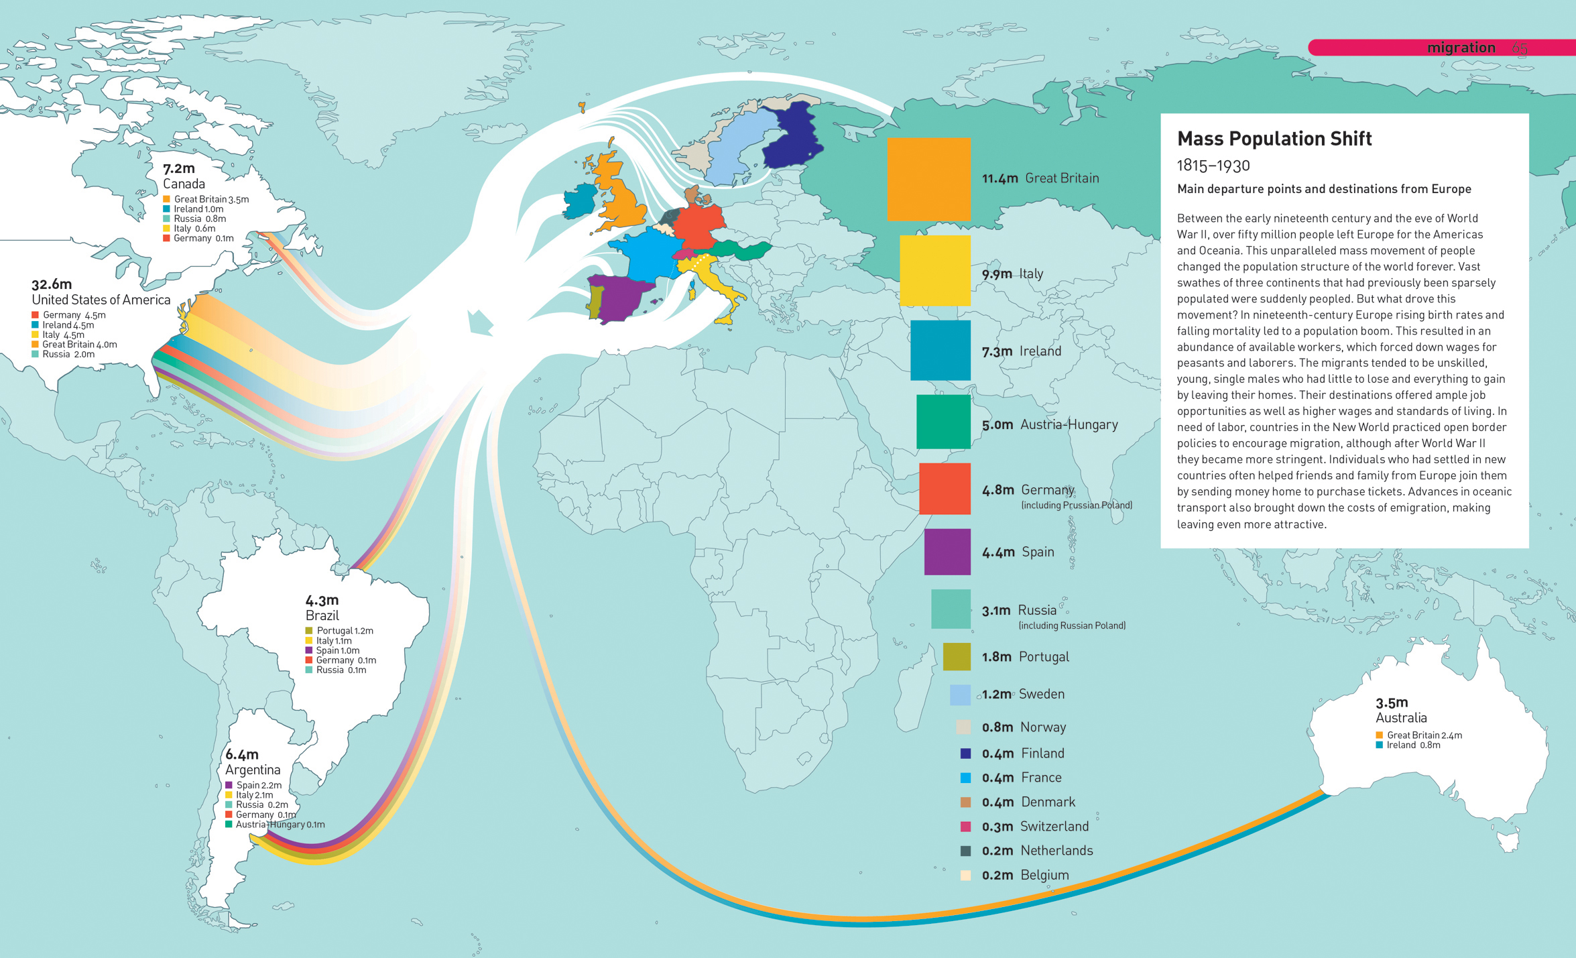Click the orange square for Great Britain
928,179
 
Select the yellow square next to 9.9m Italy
934,270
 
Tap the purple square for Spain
947,552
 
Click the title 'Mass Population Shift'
1274,139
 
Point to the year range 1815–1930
1213,166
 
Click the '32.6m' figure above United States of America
52,284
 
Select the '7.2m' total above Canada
179,168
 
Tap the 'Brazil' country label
322,615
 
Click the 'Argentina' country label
253,770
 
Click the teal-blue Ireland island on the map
579,201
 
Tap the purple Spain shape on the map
620,298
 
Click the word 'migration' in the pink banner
1461,48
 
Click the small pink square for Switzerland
965,827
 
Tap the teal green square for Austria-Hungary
943,422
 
